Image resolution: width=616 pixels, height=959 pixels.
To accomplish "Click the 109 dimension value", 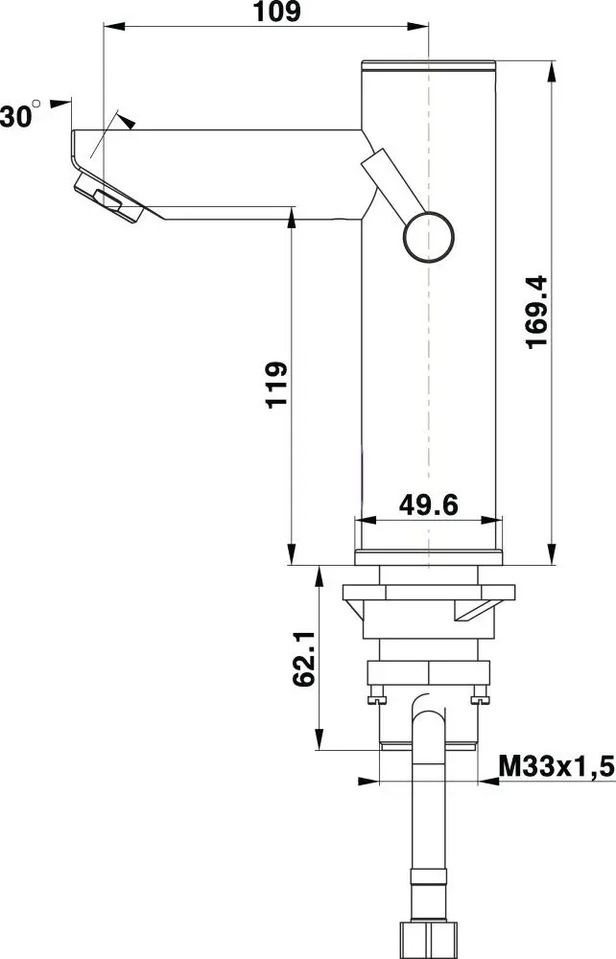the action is click(277, 12).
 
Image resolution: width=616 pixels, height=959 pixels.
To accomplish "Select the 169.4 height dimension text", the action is click(537, 313).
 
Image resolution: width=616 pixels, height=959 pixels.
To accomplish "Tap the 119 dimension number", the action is click(276, 385).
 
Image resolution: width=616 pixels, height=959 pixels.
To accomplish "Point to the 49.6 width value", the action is click(428, 504).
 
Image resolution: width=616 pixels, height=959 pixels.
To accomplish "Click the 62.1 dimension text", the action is click(304, 659).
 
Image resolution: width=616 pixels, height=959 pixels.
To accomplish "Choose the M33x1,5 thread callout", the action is click(557, 765).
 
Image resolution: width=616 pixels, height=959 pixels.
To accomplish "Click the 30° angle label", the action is click(20, 114).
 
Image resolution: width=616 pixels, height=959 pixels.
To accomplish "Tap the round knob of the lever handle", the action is click(429, 237).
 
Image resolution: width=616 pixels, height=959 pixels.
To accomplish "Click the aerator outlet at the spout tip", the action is click(108, 199).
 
